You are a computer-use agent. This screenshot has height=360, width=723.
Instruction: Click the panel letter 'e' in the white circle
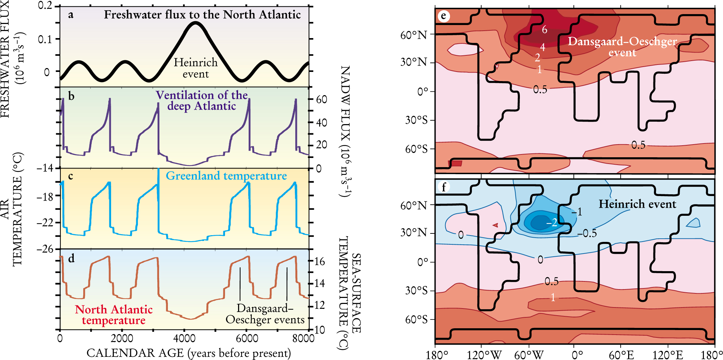click(443, 16)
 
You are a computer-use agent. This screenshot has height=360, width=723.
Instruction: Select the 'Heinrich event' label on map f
click(637, 204)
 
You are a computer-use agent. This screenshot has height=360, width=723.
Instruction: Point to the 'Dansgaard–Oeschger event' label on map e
click(622, 47)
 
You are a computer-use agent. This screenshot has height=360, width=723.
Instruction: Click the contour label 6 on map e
click(545, 30)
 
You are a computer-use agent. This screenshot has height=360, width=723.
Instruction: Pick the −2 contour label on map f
click(552, 222)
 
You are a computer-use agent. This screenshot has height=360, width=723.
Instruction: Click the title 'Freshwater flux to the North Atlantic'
click(202, 15)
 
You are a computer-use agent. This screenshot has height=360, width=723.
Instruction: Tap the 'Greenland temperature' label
click(226, 176)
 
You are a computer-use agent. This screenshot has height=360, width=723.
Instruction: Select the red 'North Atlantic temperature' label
click(114, 315)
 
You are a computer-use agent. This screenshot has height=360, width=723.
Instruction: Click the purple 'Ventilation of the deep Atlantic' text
click(202, 100)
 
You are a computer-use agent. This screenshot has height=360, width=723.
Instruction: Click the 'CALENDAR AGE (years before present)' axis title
click(189, 353)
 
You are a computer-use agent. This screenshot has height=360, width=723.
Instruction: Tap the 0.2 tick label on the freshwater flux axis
click(45, 6)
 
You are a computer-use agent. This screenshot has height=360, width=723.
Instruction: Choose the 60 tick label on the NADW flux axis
click(321, 99)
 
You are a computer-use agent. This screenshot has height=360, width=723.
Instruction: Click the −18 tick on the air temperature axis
click(45, 196)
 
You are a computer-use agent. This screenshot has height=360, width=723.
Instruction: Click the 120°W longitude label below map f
click(484, 354)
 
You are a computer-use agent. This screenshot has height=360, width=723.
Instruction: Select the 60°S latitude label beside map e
click(416, 149)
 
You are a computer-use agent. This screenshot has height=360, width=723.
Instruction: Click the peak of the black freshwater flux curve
click(195, 23)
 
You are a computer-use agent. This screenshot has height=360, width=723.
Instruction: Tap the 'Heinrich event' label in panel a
click(195, 68)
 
